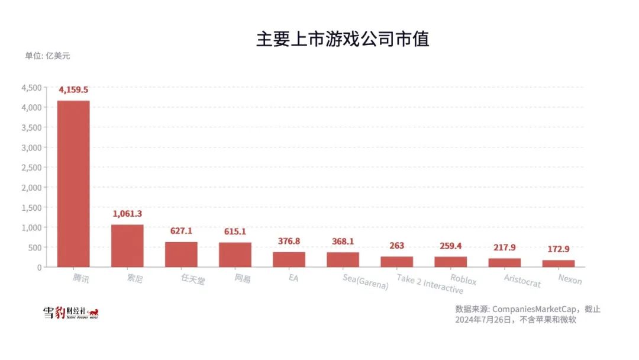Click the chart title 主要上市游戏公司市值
(x=342, y=39)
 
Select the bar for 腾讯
(x=73, y=184)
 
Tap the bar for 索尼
(x=127, y=246)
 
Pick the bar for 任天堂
(x=181, y=254)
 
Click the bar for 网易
(x=235, y=255)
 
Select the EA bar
(x=289, y=259)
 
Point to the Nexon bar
(x=559, y=263)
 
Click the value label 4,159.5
(x=73, y=90)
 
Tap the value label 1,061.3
(x=127, y=214)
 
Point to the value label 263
(x=396, y=246)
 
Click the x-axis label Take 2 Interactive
(x=430, y=284)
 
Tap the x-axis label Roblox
(x=463, y=279)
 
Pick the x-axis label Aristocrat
(x=522, y=280)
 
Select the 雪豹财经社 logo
(x=70, y=313)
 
